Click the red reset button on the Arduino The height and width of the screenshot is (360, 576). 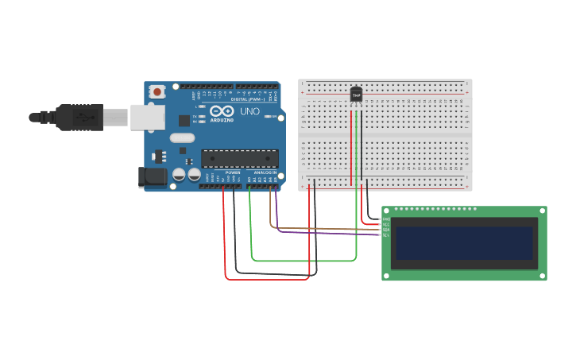[157, 92]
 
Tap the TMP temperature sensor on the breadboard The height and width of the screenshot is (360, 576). [356, 95]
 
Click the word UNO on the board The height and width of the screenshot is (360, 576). [249, 112]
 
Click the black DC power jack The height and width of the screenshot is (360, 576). [152, 177]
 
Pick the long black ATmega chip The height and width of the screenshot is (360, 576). [239, 158]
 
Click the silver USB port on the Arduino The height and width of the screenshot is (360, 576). [147, 117]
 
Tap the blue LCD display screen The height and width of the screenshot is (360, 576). [465, 242]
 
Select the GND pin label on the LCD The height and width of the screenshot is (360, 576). [386, 219]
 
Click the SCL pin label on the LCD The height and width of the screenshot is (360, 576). [386, 235]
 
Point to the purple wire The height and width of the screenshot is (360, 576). [318, 233]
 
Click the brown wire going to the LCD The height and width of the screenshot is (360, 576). [318, 228]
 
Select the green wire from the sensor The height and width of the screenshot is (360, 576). [302, 260]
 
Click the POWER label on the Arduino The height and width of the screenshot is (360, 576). [233, 172]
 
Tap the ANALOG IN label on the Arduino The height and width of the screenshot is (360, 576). [265, 172]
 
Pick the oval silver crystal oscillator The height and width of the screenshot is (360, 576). [182, 137]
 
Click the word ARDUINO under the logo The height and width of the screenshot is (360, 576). [223, 120]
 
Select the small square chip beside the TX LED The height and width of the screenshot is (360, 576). [184, 121]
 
